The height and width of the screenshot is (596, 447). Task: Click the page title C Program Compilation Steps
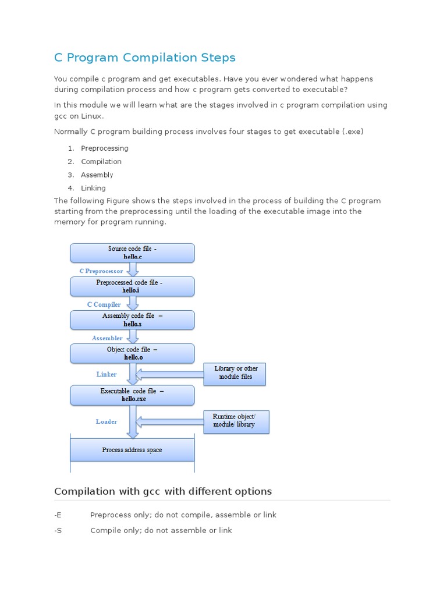[145, 58]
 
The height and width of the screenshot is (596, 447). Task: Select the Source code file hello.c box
[132, 253]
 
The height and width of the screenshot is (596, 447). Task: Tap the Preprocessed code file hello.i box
[132, 286]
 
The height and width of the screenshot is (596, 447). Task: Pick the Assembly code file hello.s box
[132, 320]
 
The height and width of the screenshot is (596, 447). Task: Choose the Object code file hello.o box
[132, 353]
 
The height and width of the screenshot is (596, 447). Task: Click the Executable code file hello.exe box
[132, 395]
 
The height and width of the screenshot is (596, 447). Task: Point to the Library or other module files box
[235, 373]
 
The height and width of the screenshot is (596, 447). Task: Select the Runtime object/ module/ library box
[237, 421]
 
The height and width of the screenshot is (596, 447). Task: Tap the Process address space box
[132, 450]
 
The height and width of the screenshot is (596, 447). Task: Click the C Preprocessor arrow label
[101, 271]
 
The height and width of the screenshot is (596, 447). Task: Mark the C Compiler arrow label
[104, 304]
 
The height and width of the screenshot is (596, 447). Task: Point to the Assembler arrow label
[107, 338]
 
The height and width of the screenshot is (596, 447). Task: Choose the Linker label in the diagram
[107, 374]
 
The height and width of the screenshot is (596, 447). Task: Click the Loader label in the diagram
[107, 421]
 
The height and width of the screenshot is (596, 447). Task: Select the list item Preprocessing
[105, 148]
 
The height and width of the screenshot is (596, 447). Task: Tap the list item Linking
[93, 188]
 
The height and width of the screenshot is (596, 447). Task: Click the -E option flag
[58, 515]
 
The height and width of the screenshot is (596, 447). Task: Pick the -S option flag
[58, 530]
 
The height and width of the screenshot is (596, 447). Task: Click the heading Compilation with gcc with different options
[163, 491]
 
